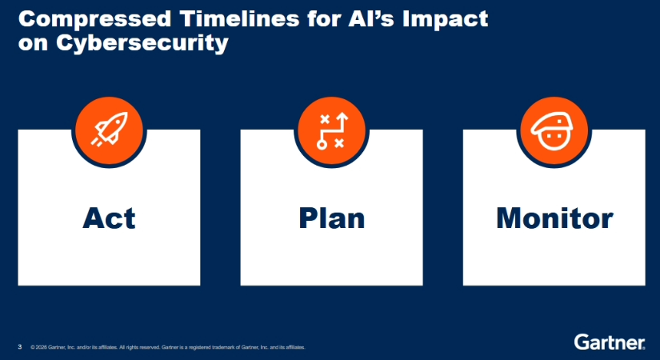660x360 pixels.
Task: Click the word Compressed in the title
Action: click(x=94, y=20)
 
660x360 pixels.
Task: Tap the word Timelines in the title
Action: click(x=239, y=18)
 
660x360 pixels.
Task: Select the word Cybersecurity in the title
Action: click(x=142, y=43)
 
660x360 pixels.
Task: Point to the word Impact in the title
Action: click(x=445, y=20)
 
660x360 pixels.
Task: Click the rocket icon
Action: click(x=109, y=130)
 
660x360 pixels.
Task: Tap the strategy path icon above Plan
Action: click(x=332, y=130)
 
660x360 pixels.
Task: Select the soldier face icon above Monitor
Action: click(x=554, y=130)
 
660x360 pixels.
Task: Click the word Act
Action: click(x=109, y=218)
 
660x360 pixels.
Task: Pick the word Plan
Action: click(x=332, y=218)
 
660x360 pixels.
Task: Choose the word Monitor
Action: click(x=554, y=218)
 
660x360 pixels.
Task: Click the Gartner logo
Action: click(x=610, y=342)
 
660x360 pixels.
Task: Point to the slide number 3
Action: click(x=20, y=347)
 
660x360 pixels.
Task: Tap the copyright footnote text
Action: click(x=168, y=347)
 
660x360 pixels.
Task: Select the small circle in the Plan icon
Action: click(x=322, y=146)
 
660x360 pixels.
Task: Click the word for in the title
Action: click(x=324, y=18)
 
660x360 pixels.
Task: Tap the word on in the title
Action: click(x=33, y=44)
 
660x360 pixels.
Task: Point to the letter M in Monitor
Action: click(x=510, y=218)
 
